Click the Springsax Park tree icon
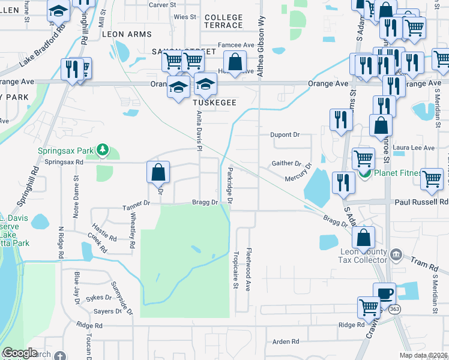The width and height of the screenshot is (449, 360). pyautogui.click(x=103, y=149)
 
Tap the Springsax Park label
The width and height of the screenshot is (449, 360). pyautogui.click(x=67, y=151)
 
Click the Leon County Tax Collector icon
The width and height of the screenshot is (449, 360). pyautogui.click(x=396, y=255)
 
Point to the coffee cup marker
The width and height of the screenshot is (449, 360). pyautogui.click(x=384, y=294)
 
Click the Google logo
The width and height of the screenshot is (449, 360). pyautogui.click(x=20, y=353)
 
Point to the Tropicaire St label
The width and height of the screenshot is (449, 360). pyautogui.click(x=236, y=270)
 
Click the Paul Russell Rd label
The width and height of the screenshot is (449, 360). pyautogui.click(x=421, y=202)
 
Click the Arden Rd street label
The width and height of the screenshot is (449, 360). pyautogui.click(x=285, y=341)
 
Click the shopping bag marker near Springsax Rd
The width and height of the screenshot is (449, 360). pyautogui.click(x=157, y=173)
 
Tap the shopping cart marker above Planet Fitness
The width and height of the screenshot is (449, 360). pyautogui.click(x=363, y=159)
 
